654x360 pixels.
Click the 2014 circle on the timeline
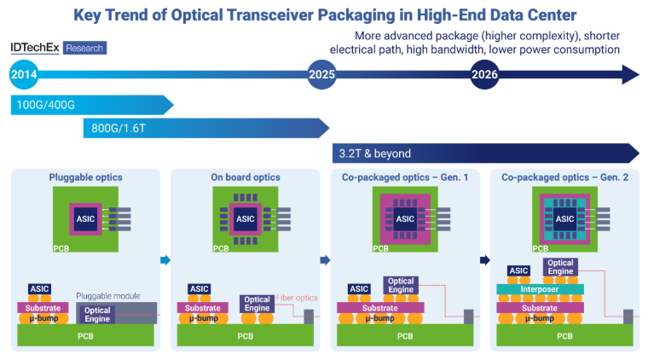(x=23, y=76)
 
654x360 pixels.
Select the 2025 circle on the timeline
(x=322, y=76)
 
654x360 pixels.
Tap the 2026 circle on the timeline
(x=485, y=76)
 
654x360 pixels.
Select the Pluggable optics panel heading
(x=85, y=177)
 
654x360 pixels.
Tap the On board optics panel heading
(x=245, y=177)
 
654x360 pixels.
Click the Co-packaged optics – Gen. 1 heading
(x=405, y=177)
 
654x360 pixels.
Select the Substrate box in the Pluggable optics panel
(x=43, y=306)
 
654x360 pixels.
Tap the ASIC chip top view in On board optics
(x=246, y=218)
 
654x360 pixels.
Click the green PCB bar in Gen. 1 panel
(x=405, y=335)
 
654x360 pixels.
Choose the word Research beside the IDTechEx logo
(x=83, y=49)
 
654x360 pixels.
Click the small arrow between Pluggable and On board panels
(x=165, y=260)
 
